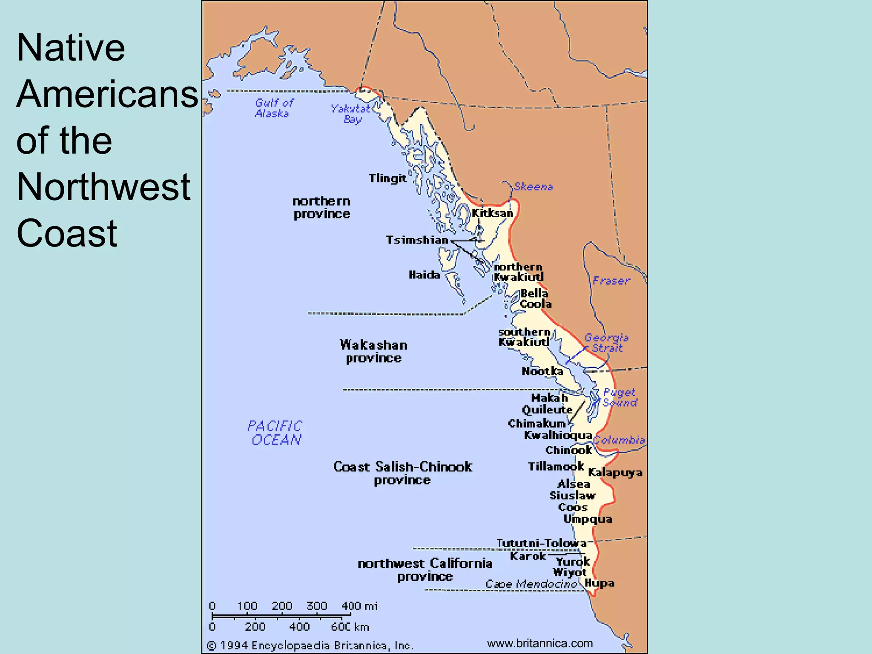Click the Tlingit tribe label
coord(387,178)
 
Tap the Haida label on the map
coord(424,275)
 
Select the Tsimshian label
coord(417,240)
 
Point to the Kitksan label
coord(492,213)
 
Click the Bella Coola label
coord(535,298)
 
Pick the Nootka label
coord(542,371)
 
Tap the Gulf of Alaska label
coord(273,108)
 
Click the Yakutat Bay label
coord(350,114)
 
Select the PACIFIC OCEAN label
coord(275,433)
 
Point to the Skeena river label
coord(533,186)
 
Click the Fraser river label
coord(611,281)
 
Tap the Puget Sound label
coord(620,397)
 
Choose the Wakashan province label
coord(373,351)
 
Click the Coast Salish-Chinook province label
coord(402,473)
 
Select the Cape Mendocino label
coord(531,584)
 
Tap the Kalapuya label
coord(615,472)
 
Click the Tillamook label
coord(556,467)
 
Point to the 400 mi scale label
coord(359,606)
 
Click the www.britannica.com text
coord(539,643)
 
